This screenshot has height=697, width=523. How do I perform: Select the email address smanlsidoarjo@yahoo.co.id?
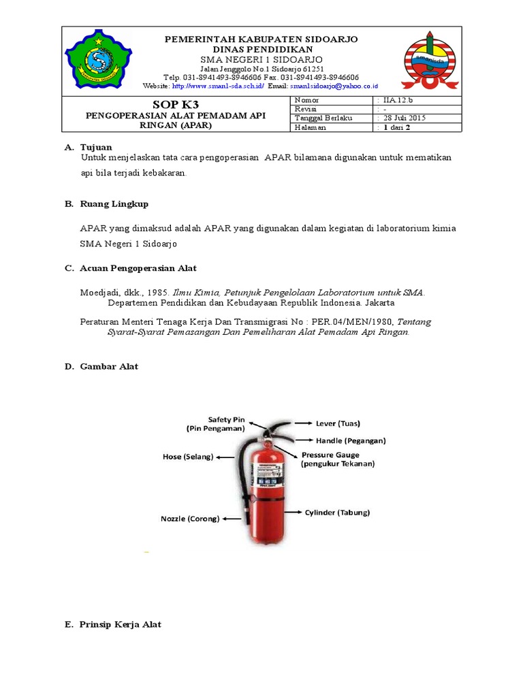point(334,86)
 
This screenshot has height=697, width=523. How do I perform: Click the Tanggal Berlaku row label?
point(323,118)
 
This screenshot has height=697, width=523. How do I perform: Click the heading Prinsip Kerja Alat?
point(121,624)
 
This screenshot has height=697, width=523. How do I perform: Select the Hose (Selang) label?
point(188,457)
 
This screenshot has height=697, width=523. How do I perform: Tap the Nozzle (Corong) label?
point(190,518)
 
